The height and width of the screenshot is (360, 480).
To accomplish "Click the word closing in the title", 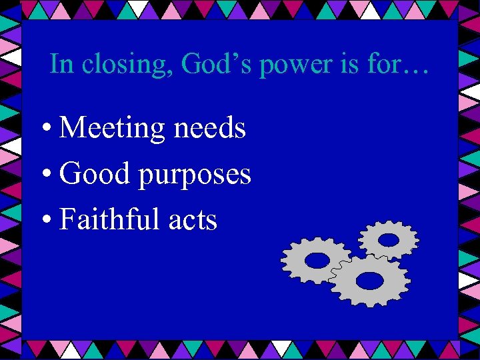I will tap(117, 65).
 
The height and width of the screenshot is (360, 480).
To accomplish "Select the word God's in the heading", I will tap(209, 65).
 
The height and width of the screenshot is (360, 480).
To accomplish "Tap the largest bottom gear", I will tap(369, 279).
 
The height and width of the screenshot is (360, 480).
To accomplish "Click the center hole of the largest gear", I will tap(369, 280).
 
